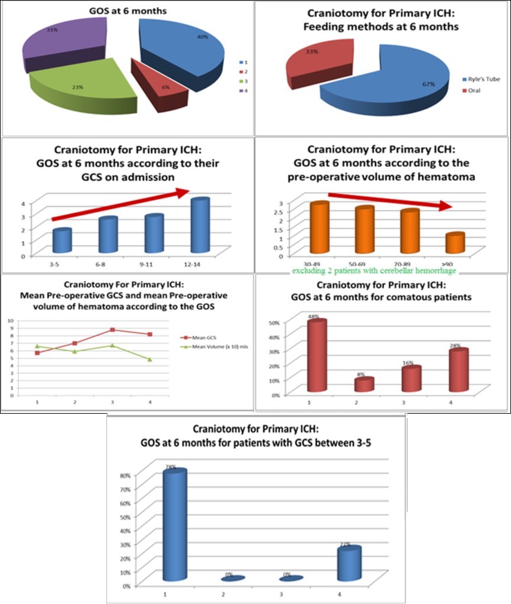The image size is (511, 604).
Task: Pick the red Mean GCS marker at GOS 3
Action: pos(112,329)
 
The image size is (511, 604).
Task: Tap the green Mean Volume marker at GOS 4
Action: pos(150,359)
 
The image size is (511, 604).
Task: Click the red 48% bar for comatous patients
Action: pos(317,356)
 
